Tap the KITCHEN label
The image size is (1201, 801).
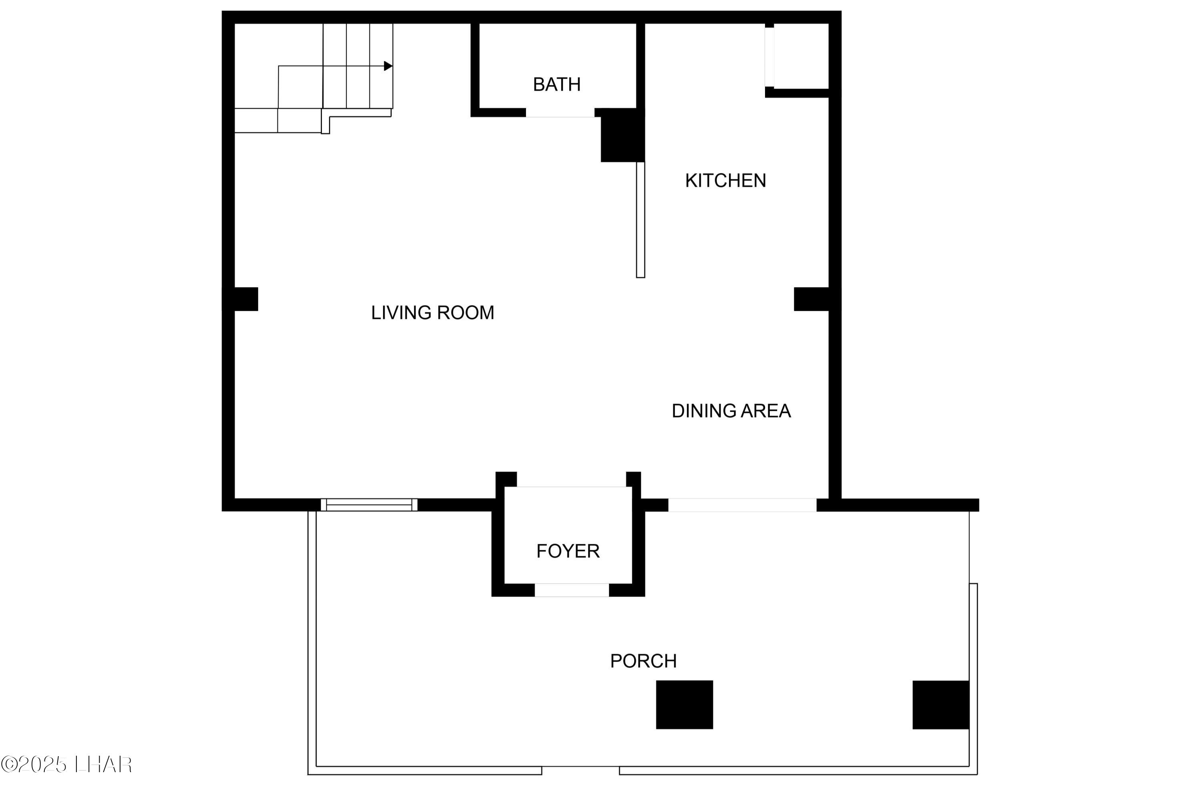point(725,181)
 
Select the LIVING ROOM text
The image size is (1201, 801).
point(432,313)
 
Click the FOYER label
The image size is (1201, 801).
point(568,551)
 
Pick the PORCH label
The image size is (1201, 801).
point(643,661)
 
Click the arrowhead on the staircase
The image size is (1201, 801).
point(388,66)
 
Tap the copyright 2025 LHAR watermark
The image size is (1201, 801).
point(66,765)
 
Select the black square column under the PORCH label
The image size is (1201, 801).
point(684,704)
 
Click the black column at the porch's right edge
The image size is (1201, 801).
point(940,704)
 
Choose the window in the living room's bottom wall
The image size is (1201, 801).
point(369,505)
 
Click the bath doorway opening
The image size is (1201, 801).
point(560,113)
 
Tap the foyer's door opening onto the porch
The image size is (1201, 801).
point(572,590)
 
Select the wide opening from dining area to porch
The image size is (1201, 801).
point(742,505)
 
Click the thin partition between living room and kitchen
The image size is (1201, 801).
point(640,219)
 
